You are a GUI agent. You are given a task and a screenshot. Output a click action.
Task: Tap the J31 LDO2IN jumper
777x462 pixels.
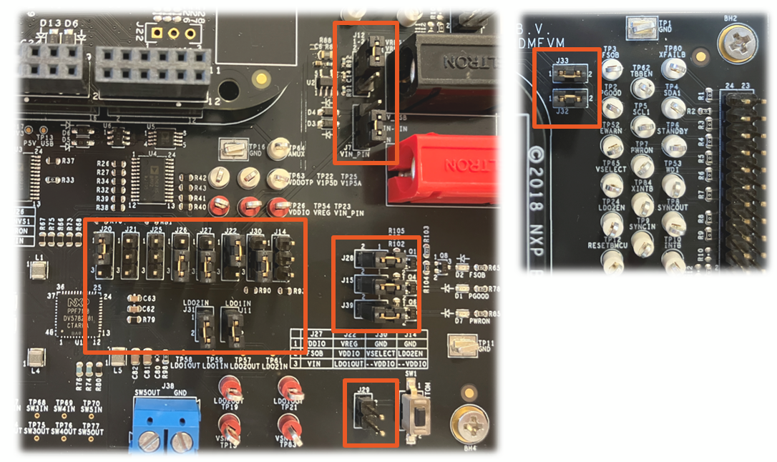pos(203,330)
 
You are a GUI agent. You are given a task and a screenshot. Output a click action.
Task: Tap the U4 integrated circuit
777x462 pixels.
pos(158,168)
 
